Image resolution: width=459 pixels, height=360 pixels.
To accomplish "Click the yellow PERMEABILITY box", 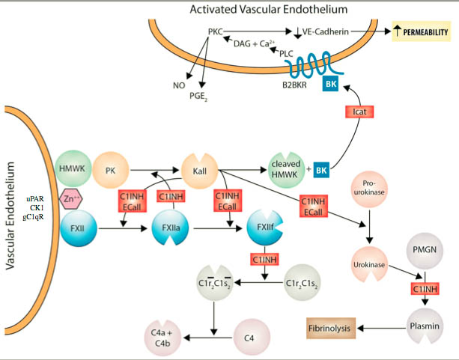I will pos(420,33).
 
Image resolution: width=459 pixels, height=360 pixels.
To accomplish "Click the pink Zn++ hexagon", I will pos(70,200).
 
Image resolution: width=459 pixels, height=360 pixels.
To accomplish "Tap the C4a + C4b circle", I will pos(159,337).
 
